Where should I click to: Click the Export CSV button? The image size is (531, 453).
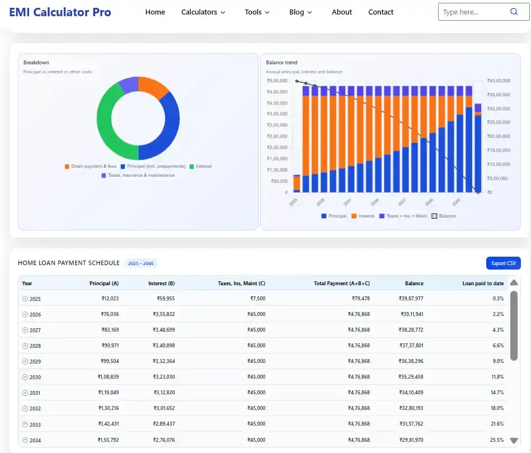point(503,263)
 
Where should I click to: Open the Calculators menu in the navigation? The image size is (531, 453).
point(203,12)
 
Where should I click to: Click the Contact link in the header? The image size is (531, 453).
point(380,12)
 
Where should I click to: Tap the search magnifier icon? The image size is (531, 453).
point(514,12)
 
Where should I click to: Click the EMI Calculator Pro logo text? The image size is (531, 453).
point(60,12)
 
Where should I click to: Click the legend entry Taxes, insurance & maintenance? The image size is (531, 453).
point(138,175)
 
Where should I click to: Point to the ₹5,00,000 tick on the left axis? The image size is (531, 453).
point(277,81)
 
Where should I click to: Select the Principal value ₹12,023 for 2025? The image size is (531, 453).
point(110,299)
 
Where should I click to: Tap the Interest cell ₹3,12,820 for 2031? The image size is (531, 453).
point(163,392)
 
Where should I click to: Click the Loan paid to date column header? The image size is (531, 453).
point(483,284)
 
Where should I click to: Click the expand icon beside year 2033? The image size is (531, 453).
point(25,424)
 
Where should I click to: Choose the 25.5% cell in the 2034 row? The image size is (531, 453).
point(497,440)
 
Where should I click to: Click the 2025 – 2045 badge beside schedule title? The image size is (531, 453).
point(140,263)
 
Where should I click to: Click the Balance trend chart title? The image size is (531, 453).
point(281,63)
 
